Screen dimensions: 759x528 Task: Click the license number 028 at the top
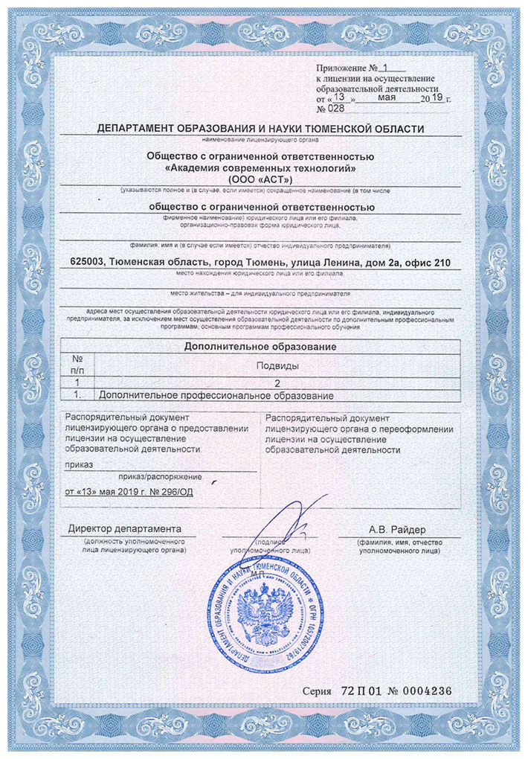click(x=336, y=109)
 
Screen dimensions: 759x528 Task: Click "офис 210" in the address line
click(x=428, y=262)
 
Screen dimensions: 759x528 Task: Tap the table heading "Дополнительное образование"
click(x=259, y=347)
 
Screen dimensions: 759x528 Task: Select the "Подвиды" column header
click(x=277, y=365)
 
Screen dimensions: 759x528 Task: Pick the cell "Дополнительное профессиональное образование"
click(x=216, y=395)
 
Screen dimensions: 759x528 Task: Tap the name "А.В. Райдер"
click(x=398, y=529)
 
